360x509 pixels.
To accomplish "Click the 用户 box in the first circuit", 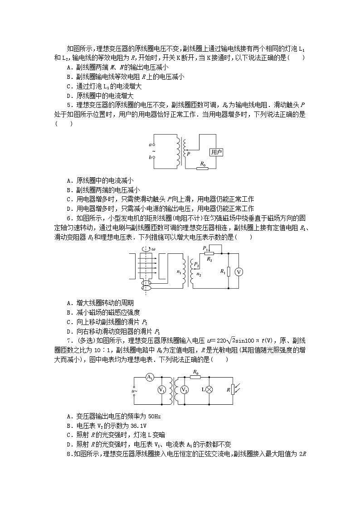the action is [216, 152].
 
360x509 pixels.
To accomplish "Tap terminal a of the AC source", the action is [154, 144].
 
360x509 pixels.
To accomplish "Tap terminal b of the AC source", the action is [154, 157].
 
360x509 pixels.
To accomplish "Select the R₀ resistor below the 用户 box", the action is [202, 169].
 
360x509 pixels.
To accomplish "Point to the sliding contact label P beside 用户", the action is [189, 154].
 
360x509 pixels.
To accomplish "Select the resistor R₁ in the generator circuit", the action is [229, 271].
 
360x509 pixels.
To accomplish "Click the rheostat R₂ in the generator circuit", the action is [209, 254].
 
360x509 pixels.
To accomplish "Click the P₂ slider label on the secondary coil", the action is [196, 264].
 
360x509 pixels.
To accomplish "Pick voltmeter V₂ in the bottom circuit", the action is [185, 390].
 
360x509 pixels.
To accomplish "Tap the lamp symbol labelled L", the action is [209, 390].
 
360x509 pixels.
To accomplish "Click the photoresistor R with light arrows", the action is [233, 390].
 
